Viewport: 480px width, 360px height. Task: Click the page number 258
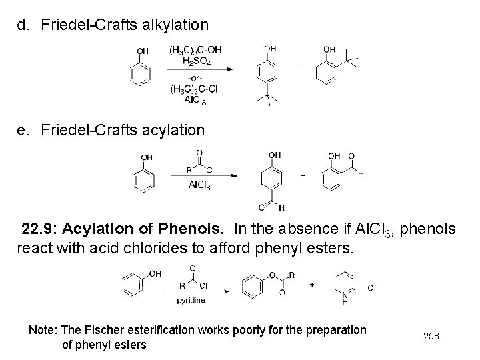click(x=432, y=335)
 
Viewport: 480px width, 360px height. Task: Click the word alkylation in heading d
click(x=171, y=25)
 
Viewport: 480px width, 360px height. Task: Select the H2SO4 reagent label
click(x=197, y=61)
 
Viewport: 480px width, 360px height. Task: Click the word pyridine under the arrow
click(x=191, y=300)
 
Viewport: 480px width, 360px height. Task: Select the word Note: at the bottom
click(x=43, y=329)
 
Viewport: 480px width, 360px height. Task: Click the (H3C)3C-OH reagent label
click(x=197, y=50)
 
